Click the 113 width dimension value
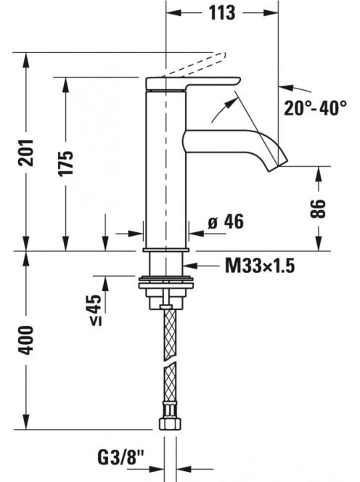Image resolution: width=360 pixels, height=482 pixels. (222, 13)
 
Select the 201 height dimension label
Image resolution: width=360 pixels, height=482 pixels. (25, 152)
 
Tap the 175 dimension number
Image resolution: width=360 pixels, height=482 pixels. (66, 163)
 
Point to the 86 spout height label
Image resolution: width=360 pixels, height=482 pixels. (318, 209)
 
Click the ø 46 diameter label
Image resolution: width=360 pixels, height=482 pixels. (226, 221)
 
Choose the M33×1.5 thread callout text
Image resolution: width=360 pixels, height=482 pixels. (260, 266)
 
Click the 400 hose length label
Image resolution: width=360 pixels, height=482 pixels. (25, 340)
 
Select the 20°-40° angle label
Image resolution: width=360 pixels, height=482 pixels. (316, 108)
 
